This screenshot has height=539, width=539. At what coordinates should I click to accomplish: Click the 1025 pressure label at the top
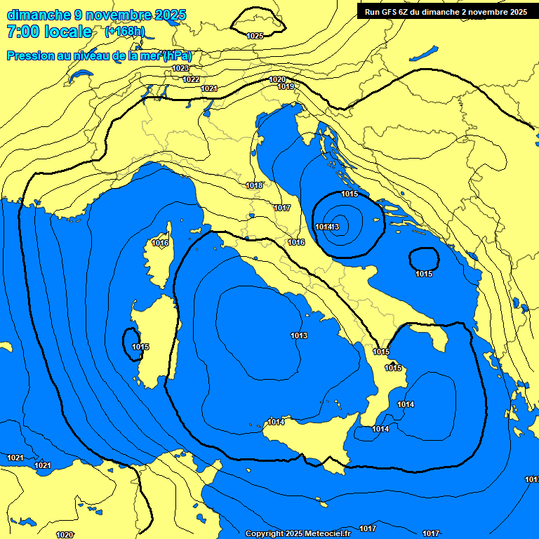(x=255, y=35)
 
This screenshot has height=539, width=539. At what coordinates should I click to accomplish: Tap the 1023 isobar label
(x=180, y=68)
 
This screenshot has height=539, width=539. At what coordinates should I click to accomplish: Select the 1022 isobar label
(x=191, y=79)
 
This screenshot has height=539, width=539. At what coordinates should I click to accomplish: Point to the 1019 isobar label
(x=286, y=86)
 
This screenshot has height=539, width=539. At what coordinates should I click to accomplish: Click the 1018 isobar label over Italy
(x=254, y=185)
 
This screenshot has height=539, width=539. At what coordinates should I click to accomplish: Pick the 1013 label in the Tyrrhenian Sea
(x=299, y=335)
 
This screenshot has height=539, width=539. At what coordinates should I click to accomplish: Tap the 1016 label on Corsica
(x=161, y=243)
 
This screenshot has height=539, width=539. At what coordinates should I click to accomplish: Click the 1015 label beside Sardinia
(x=140, y=347)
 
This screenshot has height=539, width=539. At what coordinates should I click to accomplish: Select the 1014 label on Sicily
(x=276, y=422)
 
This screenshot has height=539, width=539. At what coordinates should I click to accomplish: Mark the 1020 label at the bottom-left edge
(x=64, y=535)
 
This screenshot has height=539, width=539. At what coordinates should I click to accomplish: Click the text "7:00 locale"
(x=49, y=32)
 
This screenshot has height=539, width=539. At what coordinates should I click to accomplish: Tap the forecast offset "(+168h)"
(x=125, y=32)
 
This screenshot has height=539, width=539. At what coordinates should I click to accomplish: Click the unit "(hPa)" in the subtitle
(x=178, y=55)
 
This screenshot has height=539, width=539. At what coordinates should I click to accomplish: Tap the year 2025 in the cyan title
(x=169, y=14)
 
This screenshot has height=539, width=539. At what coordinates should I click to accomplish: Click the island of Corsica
(x=159, y=256)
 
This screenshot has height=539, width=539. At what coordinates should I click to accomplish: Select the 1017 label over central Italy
(x=282, y=208)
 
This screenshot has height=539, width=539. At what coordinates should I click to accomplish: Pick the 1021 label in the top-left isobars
(x=209, y=88)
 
